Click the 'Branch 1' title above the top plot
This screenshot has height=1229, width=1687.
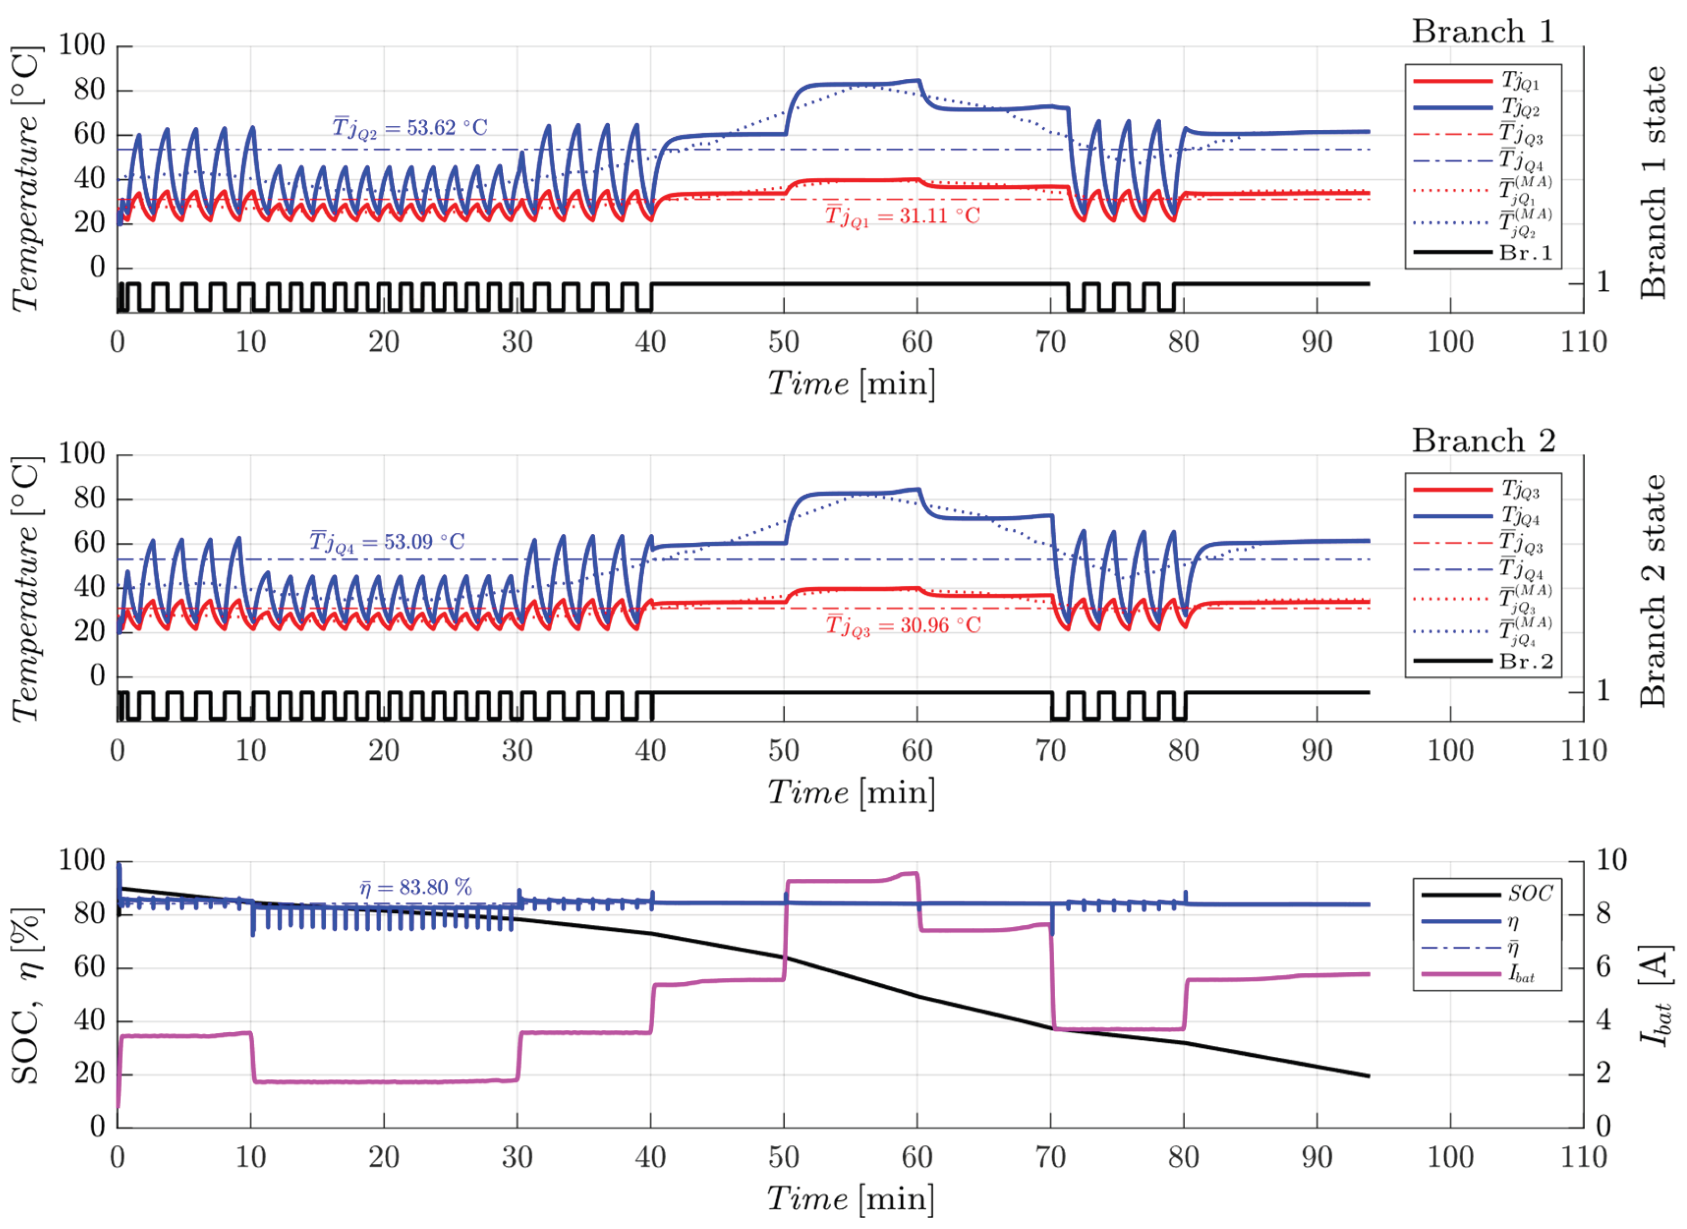coord(1483,32)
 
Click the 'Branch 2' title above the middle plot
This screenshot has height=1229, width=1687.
coord(1483,441)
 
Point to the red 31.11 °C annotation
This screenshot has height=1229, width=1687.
coord(902,217)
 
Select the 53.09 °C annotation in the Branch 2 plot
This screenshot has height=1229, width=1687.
coord(387,542)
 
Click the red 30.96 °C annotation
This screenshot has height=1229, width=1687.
coord(903,626)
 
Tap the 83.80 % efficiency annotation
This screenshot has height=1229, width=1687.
coord(415,888)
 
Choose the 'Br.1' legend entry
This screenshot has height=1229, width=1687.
coord(1526,253)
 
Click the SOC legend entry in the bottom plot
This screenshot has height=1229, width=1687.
coord(1529,893)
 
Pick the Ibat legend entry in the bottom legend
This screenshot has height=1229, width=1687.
coord(1522,974)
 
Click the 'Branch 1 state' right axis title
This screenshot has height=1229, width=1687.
coord(1652,182)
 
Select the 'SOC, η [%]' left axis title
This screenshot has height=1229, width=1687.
coord(27,995)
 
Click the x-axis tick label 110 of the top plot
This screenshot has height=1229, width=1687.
coord(1583,343)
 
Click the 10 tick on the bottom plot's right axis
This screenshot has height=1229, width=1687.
coord(1611,861)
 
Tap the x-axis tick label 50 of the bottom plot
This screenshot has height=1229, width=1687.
coord(784,1158)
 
